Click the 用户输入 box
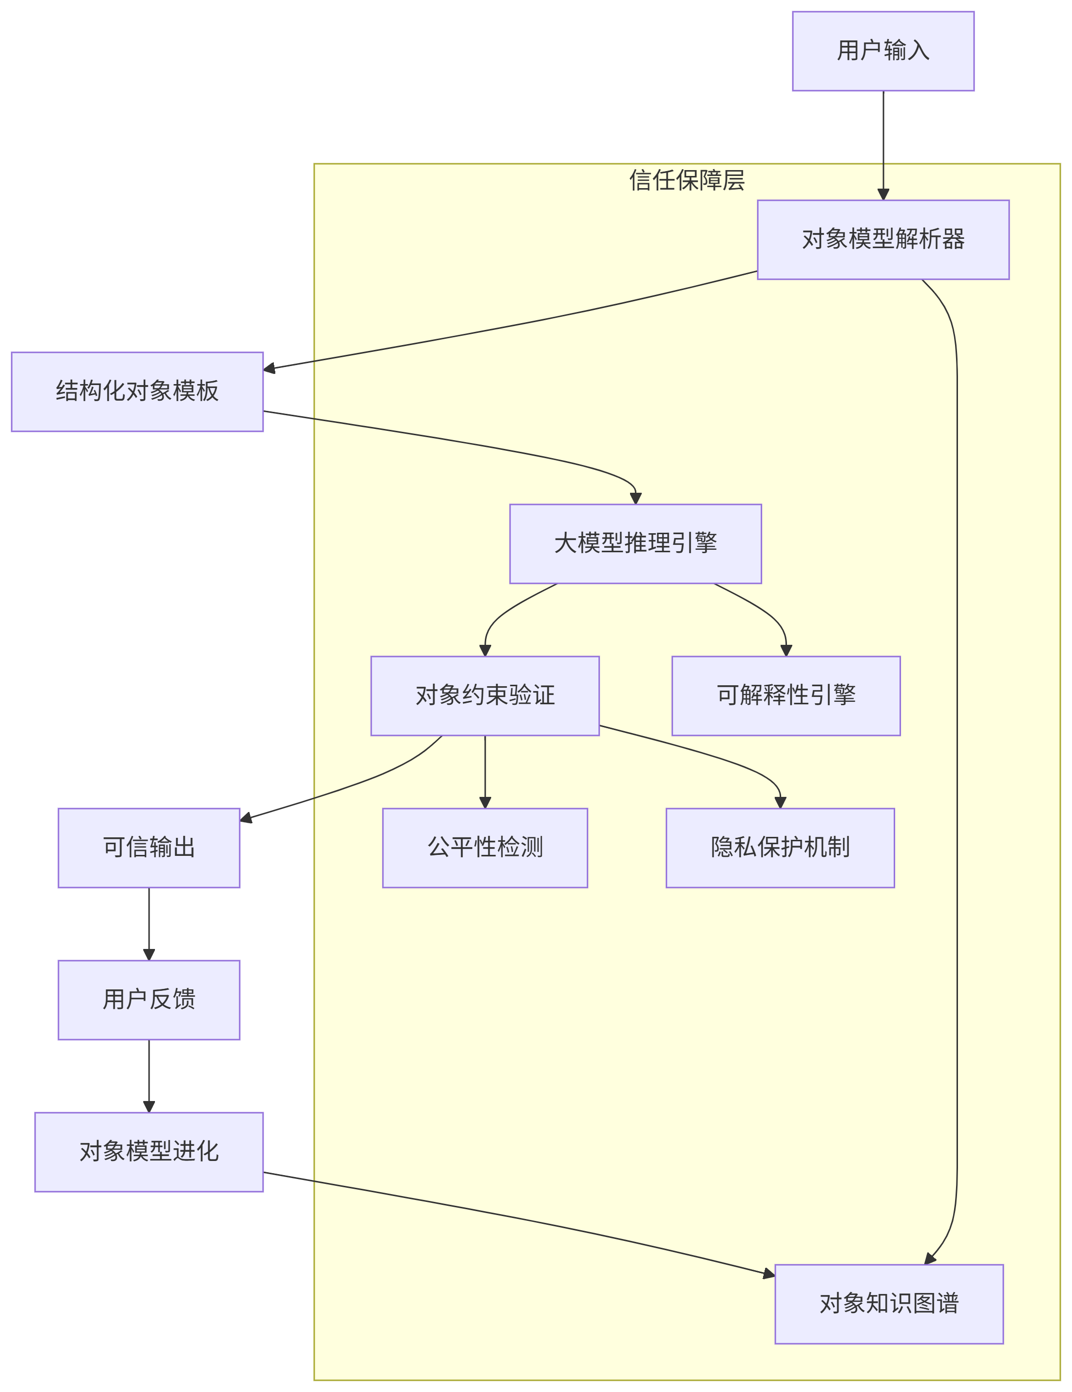pyautogui.click(x=883, y=51)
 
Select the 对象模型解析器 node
pyautogui.click(x=883, y=240)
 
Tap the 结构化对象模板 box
pyautogui.click(x=137, y=391)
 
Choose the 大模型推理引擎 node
pyautogui.click(x=635, y=543)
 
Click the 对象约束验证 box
pyautogui.click(x=484, y=696)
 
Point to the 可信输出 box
pyautogui.click(x=149, y=848)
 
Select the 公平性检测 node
pyautogui.click(x=484, y=848)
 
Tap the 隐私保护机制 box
pyautogui.click(x=780, y=848)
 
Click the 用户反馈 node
pyautogui.click(x=149, y=999)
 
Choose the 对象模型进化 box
pyautogui.click(x=149, y=1152)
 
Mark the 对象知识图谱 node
pyautogui.click(x=888, y=1303)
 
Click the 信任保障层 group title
pyautogui.click(x=687, y=180)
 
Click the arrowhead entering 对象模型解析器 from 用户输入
pyautogui.click(x=883, y=194)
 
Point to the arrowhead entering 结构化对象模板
pyautogui.click(x=269, y=368)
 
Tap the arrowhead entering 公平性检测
pyautogui.click(x=484, y=802)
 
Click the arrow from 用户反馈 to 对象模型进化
pyautogui.click(x=149, y=1075)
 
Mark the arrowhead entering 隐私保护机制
pyautogui.click(x=780, y=802)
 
